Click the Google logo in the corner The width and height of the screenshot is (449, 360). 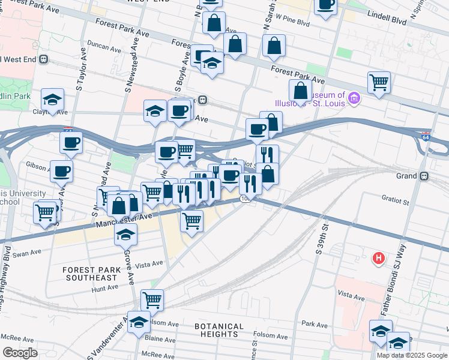(19, 353)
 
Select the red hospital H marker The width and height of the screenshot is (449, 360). (378, 259)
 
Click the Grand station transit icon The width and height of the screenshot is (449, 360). (424, 176)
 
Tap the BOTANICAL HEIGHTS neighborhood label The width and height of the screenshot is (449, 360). (219, 331)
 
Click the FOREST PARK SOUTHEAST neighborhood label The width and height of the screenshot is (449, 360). (91, 274)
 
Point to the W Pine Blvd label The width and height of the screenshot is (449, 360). (291, 24)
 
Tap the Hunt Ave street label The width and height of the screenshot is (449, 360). (105, 288)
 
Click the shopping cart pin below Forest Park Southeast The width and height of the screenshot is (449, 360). (152, 299)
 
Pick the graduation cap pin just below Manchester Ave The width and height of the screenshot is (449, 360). (125, 234)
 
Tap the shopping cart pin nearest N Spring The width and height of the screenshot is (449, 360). (379, 82)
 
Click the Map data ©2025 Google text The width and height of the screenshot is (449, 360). (412, 355)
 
